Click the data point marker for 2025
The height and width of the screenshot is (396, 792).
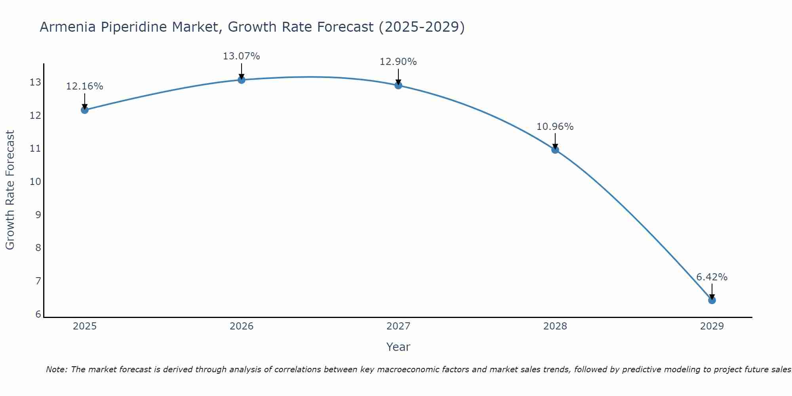click(x=84, y=110)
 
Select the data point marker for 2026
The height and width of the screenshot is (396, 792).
click(x=241, y=80)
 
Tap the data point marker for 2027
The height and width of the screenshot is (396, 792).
click(x=398, y=85)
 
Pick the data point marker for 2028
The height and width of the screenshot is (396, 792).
click(x=555, y=149)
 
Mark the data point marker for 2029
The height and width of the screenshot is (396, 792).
click(x=712, y=300)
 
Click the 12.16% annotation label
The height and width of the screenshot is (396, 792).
click(x=84, y=86)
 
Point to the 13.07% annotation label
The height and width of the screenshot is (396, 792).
click(x=241, y=56)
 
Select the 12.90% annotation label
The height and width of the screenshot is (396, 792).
click(x=398, y=62)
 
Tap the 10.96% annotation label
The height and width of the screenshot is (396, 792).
click(x=555, y=127)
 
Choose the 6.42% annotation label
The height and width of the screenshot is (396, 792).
click(x=712, y=277)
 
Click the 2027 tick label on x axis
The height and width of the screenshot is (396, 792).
click(x=398, y=326)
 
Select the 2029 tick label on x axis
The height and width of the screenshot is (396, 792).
click(x=712, y=326)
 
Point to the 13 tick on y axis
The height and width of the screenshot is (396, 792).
click(x=35, y=82)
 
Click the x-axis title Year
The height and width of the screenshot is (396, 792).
click(x=398, y=347)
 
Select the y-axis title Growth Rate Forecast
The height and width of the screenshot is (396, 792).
click(x=10, y=190)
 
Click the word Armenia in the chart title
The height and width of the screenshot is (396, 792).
click(x=67, y=27)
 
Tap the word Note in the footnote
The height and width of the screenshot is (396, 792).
click(x=57, y=369)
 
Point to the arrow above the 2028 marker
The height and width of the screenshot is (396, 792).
click(x=555, y=141)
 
